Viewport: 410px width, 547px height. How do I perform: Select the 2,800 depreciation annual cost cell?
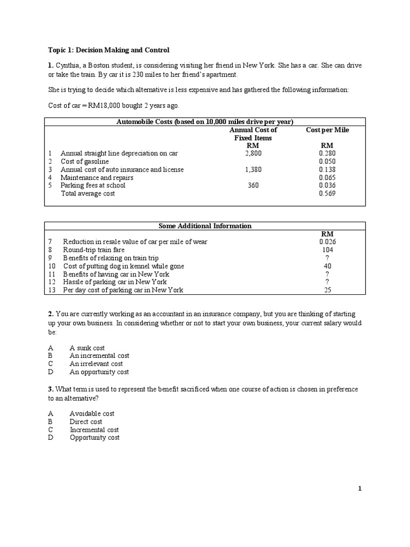coord(254,153)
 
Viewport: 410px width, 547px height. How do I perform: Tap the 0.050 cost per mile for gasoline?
coord(327,161)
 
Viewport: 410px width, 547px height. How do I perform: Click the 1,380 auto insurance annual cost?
coord(254,169)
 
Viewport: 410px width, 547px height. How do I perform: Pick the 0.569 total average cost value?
coord(327,193)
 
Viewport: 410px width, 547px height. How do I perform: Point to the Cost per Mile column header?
coord(327,130)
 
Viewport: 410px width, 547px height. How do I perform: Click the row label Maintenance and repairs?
coord(97,177)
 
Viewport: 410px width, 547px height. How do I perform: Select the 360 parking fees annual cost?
coord(254,185)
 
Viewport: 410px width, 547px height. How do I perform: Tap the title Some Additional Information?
coord(205,226)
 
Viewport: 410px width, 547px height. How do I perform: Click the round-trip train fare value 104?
coord(327,249)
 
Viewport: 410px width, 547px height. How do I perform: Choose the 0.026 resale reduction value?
coord(327,241)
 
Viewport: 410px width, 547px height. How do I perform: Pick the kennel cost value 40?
coord(327,265)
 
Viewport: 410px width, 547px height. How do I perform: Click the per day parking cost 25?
coord(327,290)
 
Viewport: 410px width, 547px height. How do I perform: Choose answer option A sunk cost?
coord(87,348)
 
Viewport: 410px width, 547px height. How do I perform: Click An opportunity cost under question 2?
coord(99,372)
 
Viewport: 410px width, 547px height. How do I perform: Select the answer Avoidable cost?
coord(92,413)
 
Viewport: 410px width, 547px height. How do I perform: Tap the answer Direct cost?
coord(86,421)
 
